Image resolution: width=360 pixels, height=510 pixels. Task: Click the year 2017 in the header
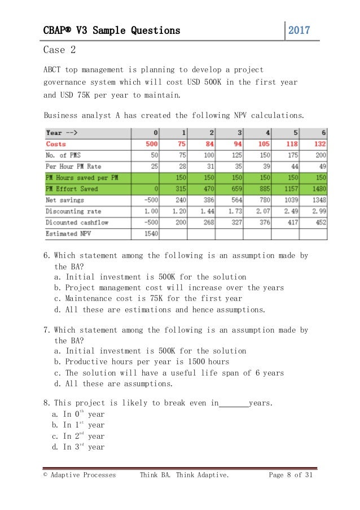click(300, 30)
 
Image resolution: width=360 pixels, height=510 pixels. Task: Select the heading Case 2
click(59, 50)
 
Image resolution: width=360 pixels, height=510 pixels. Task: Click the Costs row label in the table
click(56, 144)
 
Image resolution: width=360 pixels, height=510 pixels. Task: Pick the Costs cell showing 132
click(320, 144)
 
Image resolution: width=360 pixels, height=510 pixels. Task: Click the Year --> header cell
click(62, 133)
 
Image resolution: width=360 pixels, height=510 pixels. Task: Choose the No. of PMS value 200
click(320, 155)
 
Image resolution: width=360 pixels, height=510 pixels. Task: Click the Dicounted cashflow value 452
click(320, 222)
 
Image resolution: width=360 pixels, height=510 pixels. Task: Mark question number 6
click(47, 255)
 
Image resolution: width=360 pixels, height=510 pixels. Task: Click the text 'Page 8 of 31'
click(290, 475)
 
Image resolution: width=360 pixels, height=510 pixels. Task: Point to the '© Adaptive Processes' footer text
click(80, 475)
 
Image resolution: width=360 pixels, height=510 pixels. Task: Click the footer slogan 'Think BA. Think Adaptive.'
click(185, 475)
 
